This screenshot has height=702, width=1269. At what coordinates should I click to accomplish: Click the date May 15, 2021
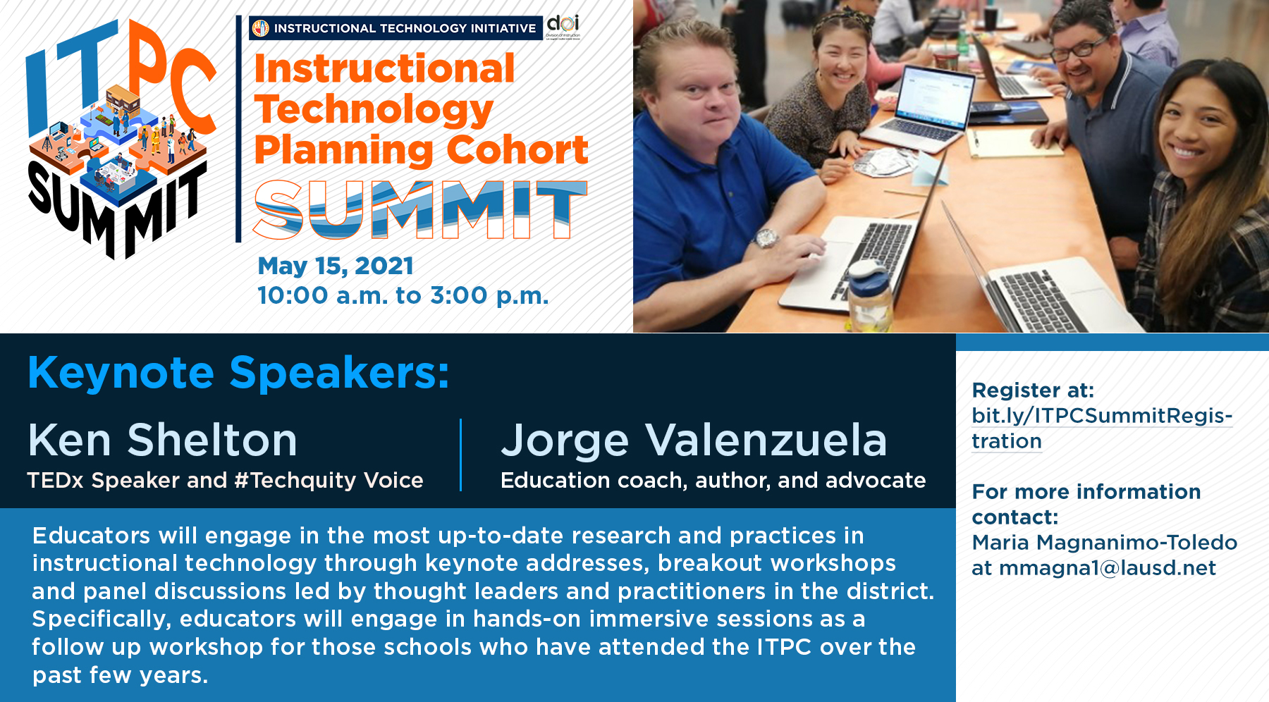click(x=336, y=266)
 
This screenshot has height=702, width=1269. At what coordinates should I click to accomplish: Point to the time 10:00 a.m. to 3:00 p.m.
click(x=403, y=295)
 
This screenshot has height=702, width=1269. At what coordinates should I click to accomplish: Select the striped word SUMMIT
click(x=420, y=209)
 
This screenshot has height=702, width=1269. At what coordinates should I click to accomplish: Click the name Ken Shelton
click(x=163, y=440)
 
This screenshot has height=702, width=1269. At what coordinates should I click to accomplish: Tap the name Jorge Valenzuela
click(x=694, y=441)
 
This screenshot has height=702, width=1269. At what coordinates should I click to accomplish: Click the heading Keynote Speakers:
click(x=238, y=373)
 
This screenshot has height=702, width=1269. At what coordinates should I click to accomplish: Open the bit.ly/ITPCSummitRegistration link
click(x=1102, y=428)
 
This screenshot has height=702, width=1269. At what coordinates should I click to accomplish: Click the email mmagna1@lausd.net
click(x=1108, y=568)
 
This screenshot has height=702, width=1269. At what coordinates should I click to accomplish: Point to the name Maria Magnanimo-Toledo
click(x=1105, y=543)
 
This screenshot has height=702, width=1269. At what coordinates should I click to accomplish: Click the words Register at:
click(x=1033, y=390)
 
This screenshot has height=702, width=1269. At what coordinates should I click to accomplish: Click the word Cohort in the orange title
click(x=517, y=149)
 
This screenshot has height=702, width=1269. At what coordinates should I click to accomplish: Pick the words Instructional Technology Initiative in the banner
click(x=405, y=28)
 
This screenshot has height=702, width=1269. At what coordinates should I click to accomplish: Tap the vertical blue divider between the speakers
click(x=461, y=455)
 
